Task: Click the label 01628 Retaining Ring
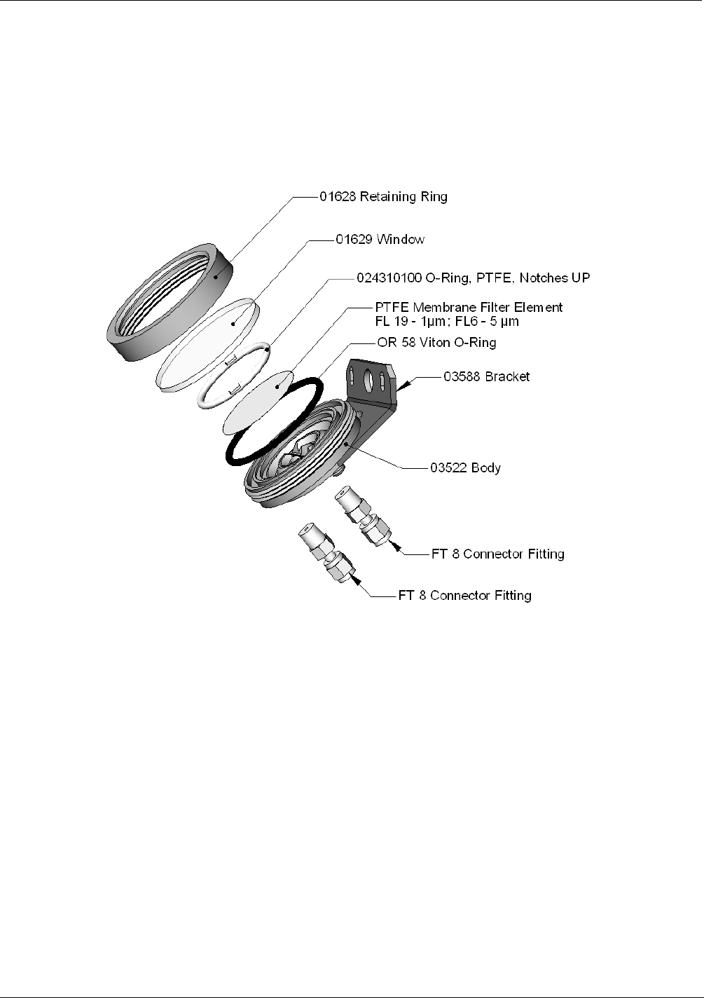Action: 383,197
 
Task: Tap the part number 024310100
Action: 389,278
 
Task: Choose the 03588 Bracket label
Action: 487,376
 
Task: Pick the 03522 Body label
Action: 465,467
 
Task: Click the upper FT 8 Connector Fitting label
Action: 498,554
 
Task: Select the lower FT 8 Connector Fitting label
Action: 464,596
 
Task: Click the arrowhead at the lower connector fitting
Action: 357,580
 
